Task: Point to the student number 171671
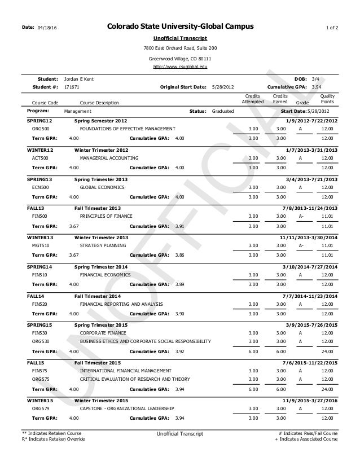pyautogui.click(x=72, y=87)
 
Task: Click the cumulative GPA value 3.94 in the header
pyautogui.click(x=317, y=87)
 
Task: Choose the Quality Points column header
pyautogui.click(x=327, y=99)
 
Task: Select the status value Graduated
pyautogui.click(x=222, y=111)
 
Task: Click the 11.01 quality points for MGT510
pyautogui.click(x=326, y=245)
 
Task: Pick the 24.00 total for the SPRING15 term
pyautogui.click(x=326, y=351)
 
